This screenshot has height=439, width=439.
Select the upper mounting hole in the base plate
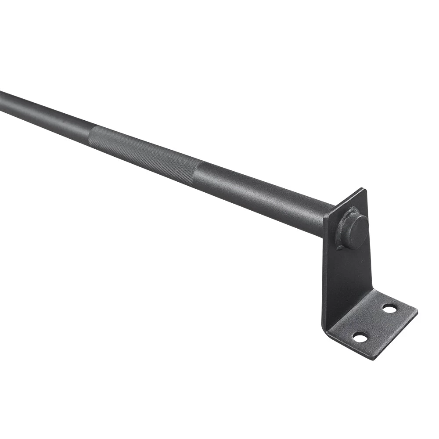pos(389,309)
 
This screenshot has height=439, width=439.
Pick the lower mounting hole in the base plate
pos(360,337)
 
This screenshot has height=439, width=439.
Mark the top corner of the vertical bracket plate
pos(363,189)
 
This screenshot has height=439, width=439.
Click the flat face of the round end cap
pos(356,231)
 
